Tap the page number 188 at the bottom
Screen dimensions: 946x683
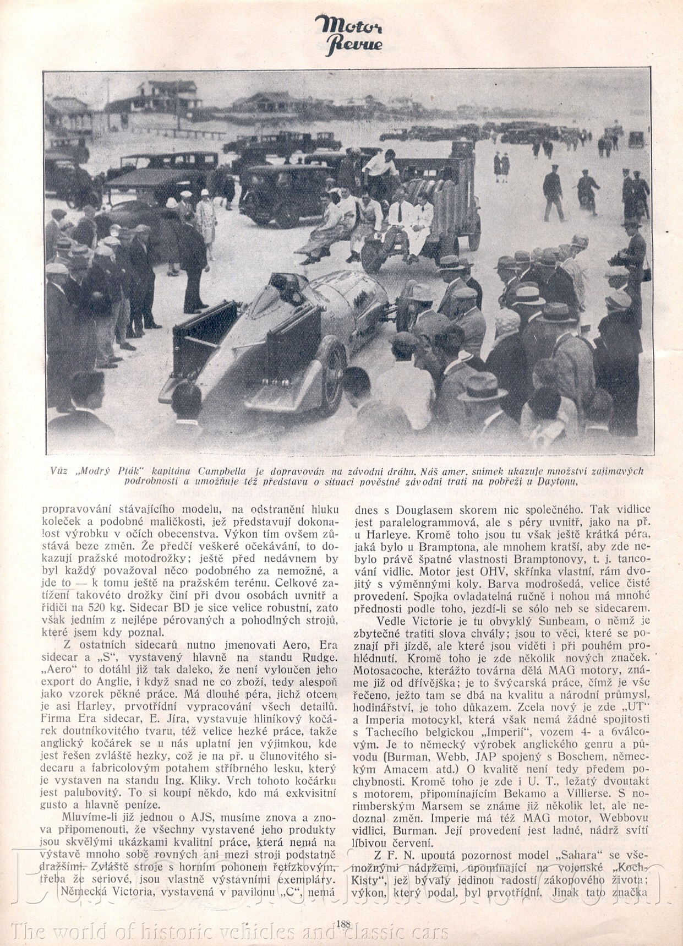(342, 923)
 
